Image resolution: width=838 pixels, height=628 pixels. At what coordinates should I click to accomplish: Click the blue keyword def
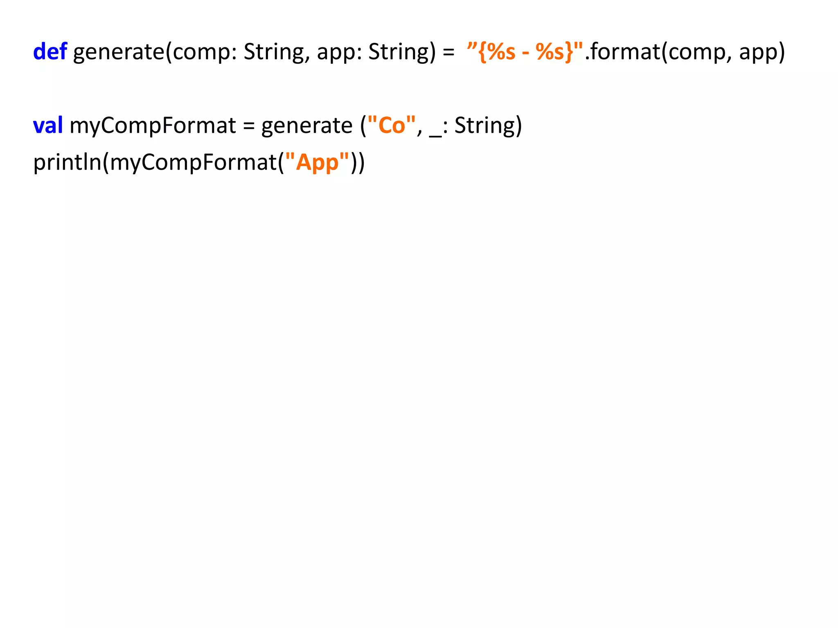pyautogui.click(x=50, y=52)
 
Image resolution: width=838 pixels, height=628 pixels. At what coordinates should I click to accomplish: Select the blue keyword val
pyautogui.click(x=48, y=126)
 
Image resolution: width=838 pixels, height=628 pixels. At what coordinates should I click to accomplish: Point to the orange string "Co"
pyautogui.click(x=392, y=125)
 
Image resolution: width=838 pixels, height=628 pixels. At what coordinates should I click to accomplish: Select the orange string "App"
pyautogui.click(x=317, y=162)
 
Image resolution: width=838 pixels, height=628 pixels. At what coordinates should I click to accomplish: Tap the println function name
pyautogui.click(x=67, y=162)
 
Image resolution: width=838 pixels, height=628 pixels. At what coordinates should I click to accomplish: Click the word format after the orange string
pyautogui.click(x=624, y=52)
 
